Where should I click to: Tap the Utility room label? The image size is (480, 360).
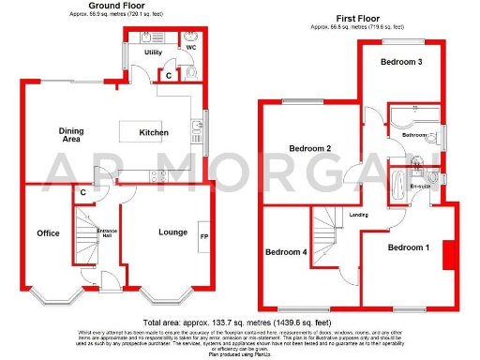click(x=140, y=54)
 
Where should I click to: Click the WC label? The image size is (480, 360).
click(x=190, y=47)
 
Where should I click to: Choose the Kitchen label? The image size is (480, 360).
click(x=154, y=133)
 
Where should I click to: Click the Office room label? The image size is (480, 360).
click(x=48, y=232)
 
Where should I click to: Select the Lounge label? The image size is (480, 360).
click(x=172, y=232)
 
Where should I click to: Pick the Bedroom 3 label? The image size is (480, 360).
click(x=399, y=62)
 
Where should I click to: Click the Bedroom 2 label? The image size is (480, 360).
click(x=309, y=149)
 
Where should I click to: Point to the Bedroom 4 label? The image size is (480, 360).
click(x=285, y=251)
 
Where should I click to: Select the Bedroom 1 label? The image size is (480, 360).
click(x=409, y=247)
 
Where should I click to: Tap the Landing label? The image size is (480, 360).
click(x=359, y=215)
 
